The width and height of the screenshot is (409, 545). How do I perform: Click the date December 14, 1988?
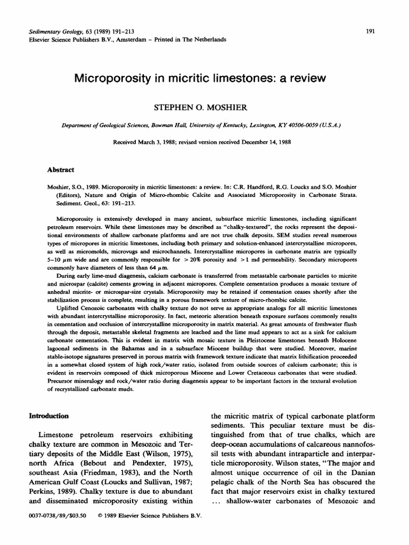click(x=265, y=142)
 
